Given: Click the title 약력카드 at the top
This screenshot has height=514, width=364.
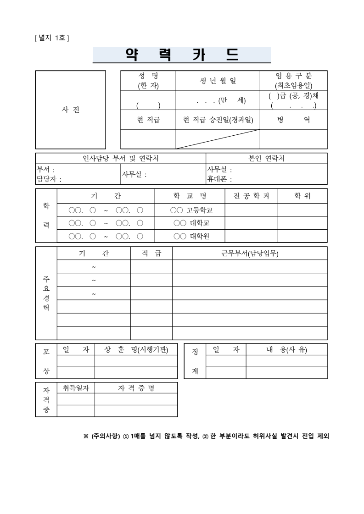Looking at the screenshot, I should (182, 55).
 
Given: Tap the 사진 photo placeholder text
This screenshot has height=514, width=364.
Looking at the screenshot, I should (70, 110).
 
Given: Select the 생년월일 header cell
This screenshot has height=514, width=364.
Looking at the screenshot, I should (218, 81).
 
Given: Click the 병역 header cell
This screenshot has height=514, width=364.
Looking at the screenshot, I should (293, 120).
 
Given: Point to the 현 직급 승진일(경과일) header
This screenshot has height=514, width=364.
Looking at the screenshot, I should (218, 120).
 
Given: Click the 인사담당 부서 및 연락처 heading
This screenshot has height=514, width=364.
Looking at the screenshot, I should (121, 159).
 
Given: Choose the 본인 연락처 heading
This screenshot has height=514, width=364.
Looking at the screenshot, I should (266, 159).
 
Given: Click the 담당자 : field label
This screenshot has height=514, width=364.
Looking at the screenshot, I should (49, 179).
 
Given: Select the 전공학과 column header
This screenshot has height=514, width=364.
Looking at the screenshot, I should (251, 196).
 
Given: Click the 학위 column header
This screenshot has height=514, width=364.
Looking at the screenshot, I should (302, 196).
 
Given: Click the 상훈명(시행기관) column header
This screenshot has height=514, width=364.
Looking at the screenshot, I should (136, 350).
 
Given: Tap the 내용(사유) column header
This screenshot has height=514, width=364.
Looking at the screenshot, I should (286, 350).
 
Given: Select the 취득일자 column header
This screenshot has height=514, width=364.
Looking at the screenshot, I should (76, 388).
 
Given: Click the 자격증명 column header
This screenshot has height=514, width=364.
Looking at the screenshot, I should (136, 388).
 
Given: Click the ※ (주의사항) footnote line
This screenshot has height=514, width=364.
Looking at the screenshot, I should (206, 436).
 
